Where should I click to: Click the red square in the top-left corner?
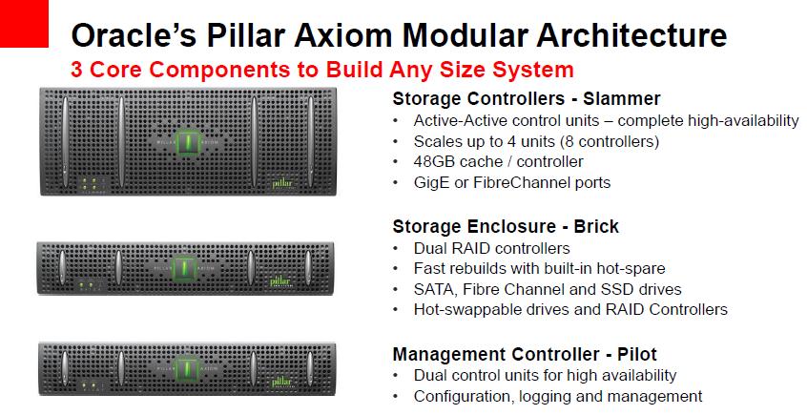pyautogui.click(x=24, y=24)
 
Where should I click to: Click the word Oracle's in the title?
pyautogui.click(x=134, y=35)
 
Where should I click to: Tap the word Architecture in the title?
pyautogui.click(x=631, y=35)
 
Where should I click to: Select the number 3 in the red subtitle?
pyautogui.click(x=76, y=70)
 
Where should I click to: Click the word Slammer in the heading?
pyautogui.click(x=622, y=98)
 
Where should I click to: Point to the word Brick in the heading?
pyautogui.click(x=596, y=226)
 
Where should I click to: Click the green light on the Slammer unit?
pyautogui.click(x=188, y=141)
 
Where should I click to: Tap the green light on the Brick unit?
pyautogui.click(x=185, y=268)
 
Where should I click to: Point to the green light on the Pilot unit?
pyautogui.click(x=186, y=369)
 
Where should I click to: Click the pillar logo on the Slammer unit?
pyautogui.click(x=282, y=184)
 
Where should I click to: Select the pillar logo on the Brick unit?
pyautogui.click(x=280, y=282)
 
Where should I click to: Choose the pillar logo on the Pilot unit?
pyautogui.click(x=281, y=383)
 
